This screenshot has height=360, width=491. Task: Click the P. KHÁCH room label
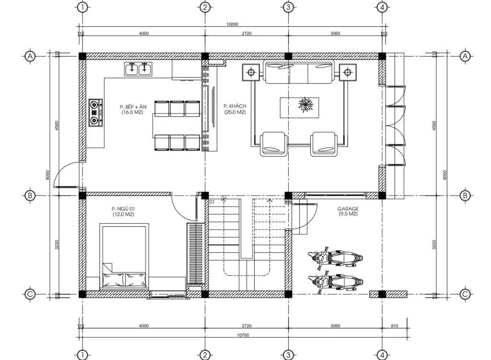234,106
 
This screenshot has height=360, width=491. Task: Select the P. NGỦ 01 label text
123,209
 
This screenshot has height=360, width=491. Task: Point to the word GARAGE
348,209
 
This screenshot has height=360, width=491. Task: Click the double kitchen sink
138,70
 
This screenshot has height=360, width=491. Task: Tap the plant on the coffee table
305,105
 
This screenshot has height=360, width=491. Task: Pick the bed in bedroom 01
123,256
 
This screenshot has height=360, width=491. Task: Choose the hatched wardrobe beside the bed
196,254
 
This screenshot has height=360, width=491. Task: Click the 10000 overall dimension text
232,24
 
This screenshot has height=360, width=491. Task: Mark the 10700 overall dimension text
243,335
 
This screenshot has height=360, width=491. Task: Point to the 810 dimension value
394,326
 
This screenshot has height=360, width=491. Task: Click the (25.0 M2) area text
234,112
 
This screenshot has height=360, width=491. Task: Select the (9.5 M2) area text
348,214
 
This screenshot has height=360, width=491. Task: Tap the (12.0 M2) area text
123,214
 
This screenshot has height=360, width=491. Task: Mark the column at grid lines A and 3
288,56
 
